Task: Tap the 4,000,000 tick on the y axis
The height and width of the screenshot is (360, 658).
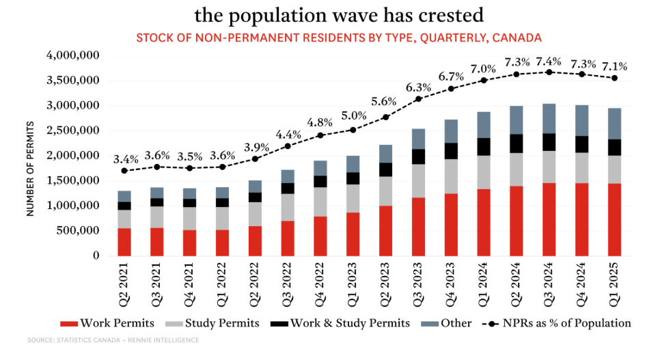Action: point(70,55)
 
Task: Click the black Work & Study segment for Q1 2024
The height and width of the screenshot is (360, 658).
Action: point(484,147)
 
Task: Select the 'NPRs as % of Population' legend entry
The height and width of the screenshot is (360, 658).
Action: point(566,323)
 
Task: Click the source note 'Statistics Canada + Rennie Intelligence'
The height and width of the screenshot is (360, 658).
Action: point(113,340)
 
